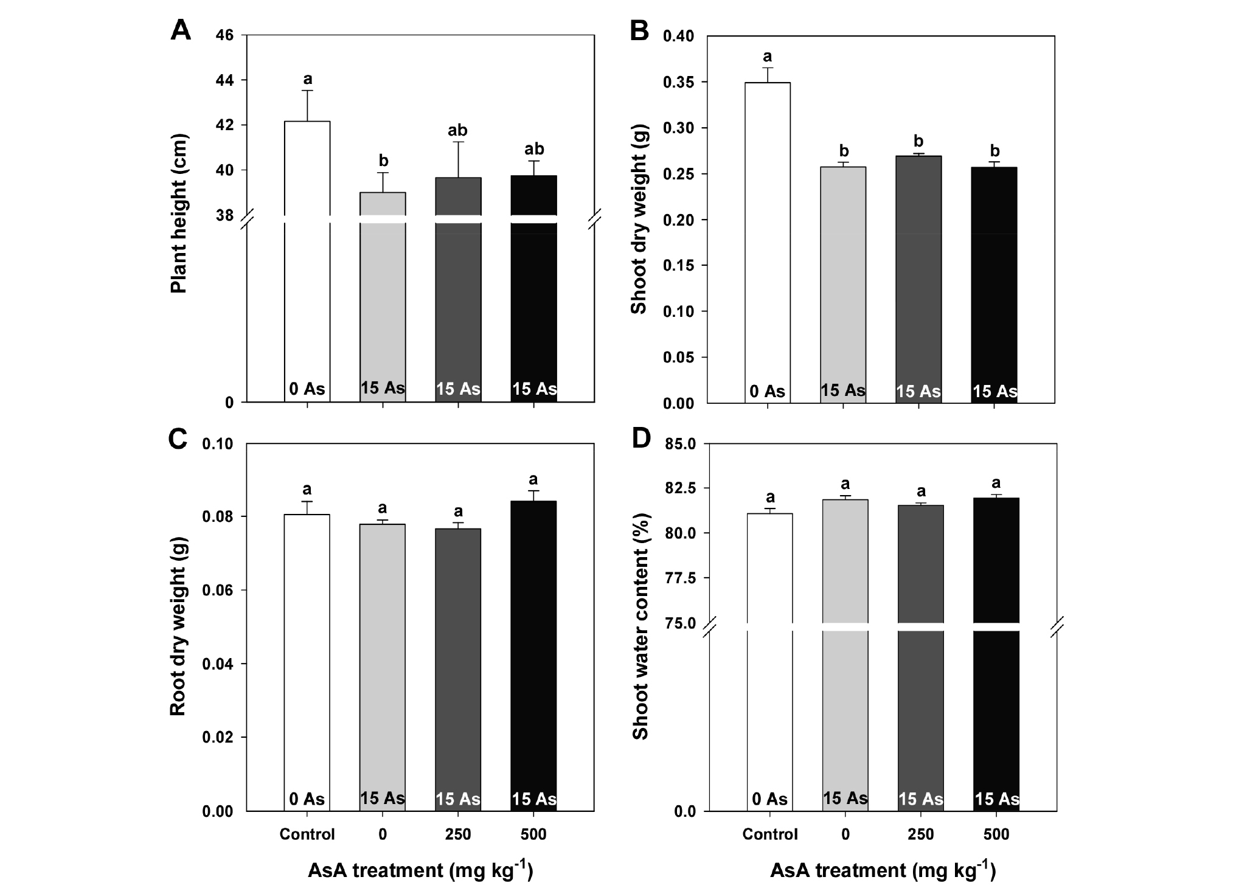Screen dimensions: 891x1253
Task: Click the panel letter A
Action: (x=181, y=30)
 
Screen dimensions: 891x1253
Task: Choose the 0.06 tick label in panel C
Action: (x=217, y=591)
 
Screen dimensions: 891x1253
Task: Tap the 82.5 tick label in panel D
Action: (x=679, y=488)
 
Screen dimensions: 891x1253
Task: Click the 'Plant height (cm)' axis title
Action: (x=179, y=213)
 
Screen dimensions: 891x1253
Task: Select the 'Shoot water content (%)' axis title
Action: (x=640, y=626)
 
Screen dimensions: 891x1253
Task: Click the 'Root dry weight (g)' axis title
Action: (x=178, y=627)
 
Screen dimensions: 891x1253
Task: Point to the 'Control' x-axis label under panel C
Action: (x=307, y=834)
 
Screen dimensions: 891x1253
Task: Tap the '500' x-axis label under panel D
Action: (x=996, y=834)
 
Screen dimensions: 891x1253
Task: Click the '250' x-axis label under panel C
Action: (x=458, y=834)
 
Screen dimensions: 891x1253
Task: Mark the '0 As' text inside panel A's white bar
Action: (x=307, y=389)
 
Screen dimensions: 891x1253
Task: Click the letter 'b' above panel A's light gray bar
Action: (x=383, y=161)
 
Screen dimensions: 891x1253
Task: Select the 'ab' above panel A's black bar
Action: (x=534, y=149)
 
